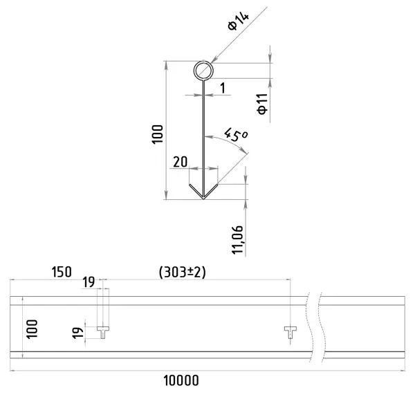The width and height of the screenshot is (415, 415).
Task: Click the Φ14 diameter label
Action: click(x=239, y=21)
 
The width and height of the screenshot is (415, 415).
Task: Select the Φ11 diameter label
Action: click(x=262, y=104)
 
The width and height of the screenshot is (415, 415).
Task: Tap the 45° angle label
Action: click(x=236, y=136)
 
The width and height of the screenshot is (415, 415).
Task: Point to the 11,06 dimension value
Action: click(x=237, y=240)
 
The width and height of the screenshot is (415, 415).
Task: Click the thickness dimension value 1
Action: click(x=223, y=88)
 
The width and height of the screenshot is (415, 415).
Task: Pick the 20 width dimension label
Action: click(x=181, y=162)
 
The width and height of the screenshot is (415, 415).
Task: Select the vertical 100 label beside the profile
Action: click(x=158, y=134)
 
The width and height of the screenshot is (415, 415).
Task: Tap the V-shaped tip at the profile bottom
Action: click(x=203, y=198)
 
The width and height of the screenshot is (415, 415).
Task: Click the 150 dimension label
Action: click(x=62, y=272)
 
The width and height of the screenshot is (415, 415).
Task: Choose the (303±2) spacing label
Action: click(x=182, y=273)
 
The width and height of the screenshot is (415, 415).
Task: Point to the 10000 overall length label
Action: click(x=181, y=381)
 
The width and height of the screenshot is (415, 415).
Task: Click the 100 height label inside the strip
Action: click(x=32, y=329)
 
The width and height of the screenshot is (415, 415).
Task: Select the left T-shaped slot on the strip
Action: click(x=103, y=332)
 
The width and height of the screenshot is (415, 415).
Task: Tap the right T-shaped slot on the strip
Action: click(x=290, y=332)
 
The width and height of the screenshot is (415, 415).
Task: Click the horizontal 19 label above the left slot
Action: click(x=89, y=282)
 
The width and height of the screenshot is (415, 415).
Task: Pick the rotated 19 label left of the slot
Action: click(x=77, y=333)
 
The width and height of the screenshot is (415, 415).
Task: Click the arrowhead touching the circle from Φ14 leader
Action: click(x=214, y=60)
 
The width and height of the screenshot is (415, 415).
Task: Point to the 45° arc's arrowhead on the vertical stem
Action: click(x=209, y=137)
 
